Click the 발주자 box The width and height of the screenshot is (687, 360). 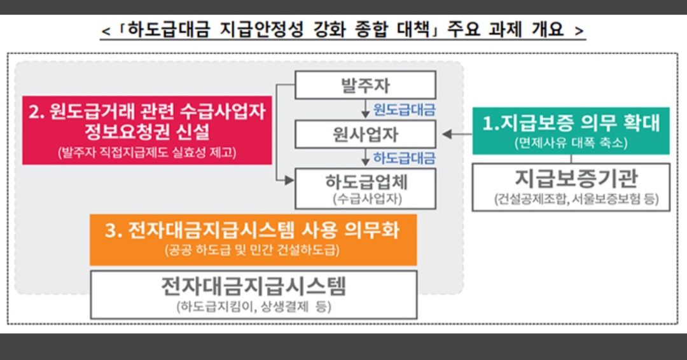pyautogui.click(x=365, y=85)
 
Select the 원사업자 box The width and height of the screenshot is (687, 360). pyautogui.click(x=365, y=134)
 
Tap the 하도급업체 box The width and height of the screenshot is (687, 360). pyautogui.click(x=365, y=188)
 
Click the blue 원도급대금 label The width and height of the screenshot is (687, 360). pyautogui.click(x=404, y=109)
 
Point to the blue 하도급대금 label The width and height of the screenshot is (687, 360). pyautogui.click(x=404, y=158)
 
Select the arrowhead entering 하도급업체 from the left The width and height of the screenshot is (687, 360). pyautogui.click(x=289, y=181)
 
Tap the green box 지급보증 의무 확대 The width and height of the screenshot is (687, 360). pyautogui.click(x=571, y=130)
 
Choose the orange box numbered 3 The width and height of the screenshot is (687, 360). pyautogui.click(x=253, y=239)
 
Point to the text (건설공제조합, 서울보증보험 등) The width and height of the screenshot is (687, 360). pyautogui.click(x=571, y=199)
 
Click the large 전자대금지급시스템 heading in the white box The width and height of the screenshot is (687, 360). pyautogui.click(x=253, y=287)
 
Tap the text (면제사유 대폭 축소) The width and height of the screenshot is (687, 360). pyautogui.click(x=571, y=144)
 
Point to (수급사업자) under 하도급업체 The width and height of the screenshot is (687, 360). pyautogui.click(x=365, y=198)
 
